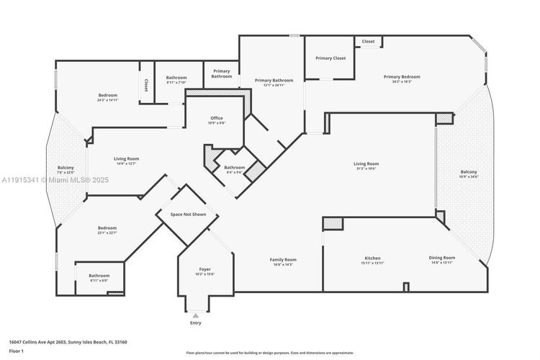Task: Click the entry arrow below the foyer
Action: (x=195, y=315)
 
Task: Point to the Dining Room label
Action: (x=443, y=257)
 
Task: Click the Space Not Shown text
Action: (x=188, y=215)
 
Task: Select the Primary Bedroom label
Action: (x=401, y=77)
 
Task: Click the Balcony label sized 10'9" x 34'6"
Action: (x=468, y=172)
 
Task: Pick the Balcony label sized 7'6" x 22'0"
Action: (x=66, y=168)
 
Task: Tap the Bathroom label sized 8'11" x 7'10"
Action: (x=176, y=78)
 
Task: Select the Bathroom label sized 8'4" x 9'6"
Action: (x=235, y=168)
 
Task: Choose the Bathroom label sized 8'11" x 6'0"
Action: (x=99, y=276)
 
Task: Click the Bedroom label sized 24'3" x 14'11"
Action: (x=108, y=96)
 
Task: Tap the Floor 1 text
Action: (x=16, y=351)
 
